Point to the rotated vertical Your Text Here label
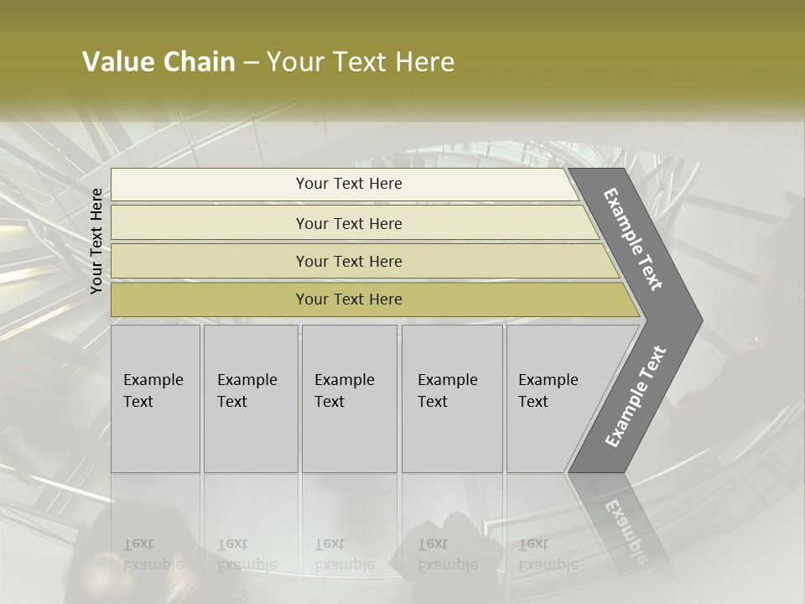[x=96, y=241]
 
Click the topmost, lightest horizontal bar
[x=349, y=184]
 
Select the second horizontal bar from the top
[x=349, y=223]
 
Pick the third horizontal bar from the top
[x=349, y=261]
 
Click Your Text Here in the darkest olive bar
[x=349, y=299]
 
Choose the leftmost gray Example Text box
[x=155, y=398]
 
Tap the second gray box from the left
[x=251, y=398]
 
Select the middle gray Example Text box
[x=349, y=398]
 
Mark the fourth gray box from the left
[x=452, y=398]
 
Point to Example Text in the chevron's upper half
[x=633, y=239]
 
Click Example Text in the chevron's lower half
[x=635, y=397]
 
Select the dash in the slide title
[x=251, y=62]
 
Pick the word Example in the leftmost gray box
[x=153, y=380]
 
